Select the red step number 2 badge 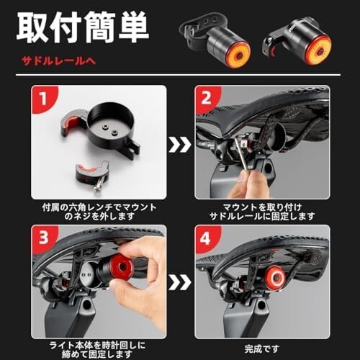208,99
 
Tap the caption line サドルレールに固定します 262,215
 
